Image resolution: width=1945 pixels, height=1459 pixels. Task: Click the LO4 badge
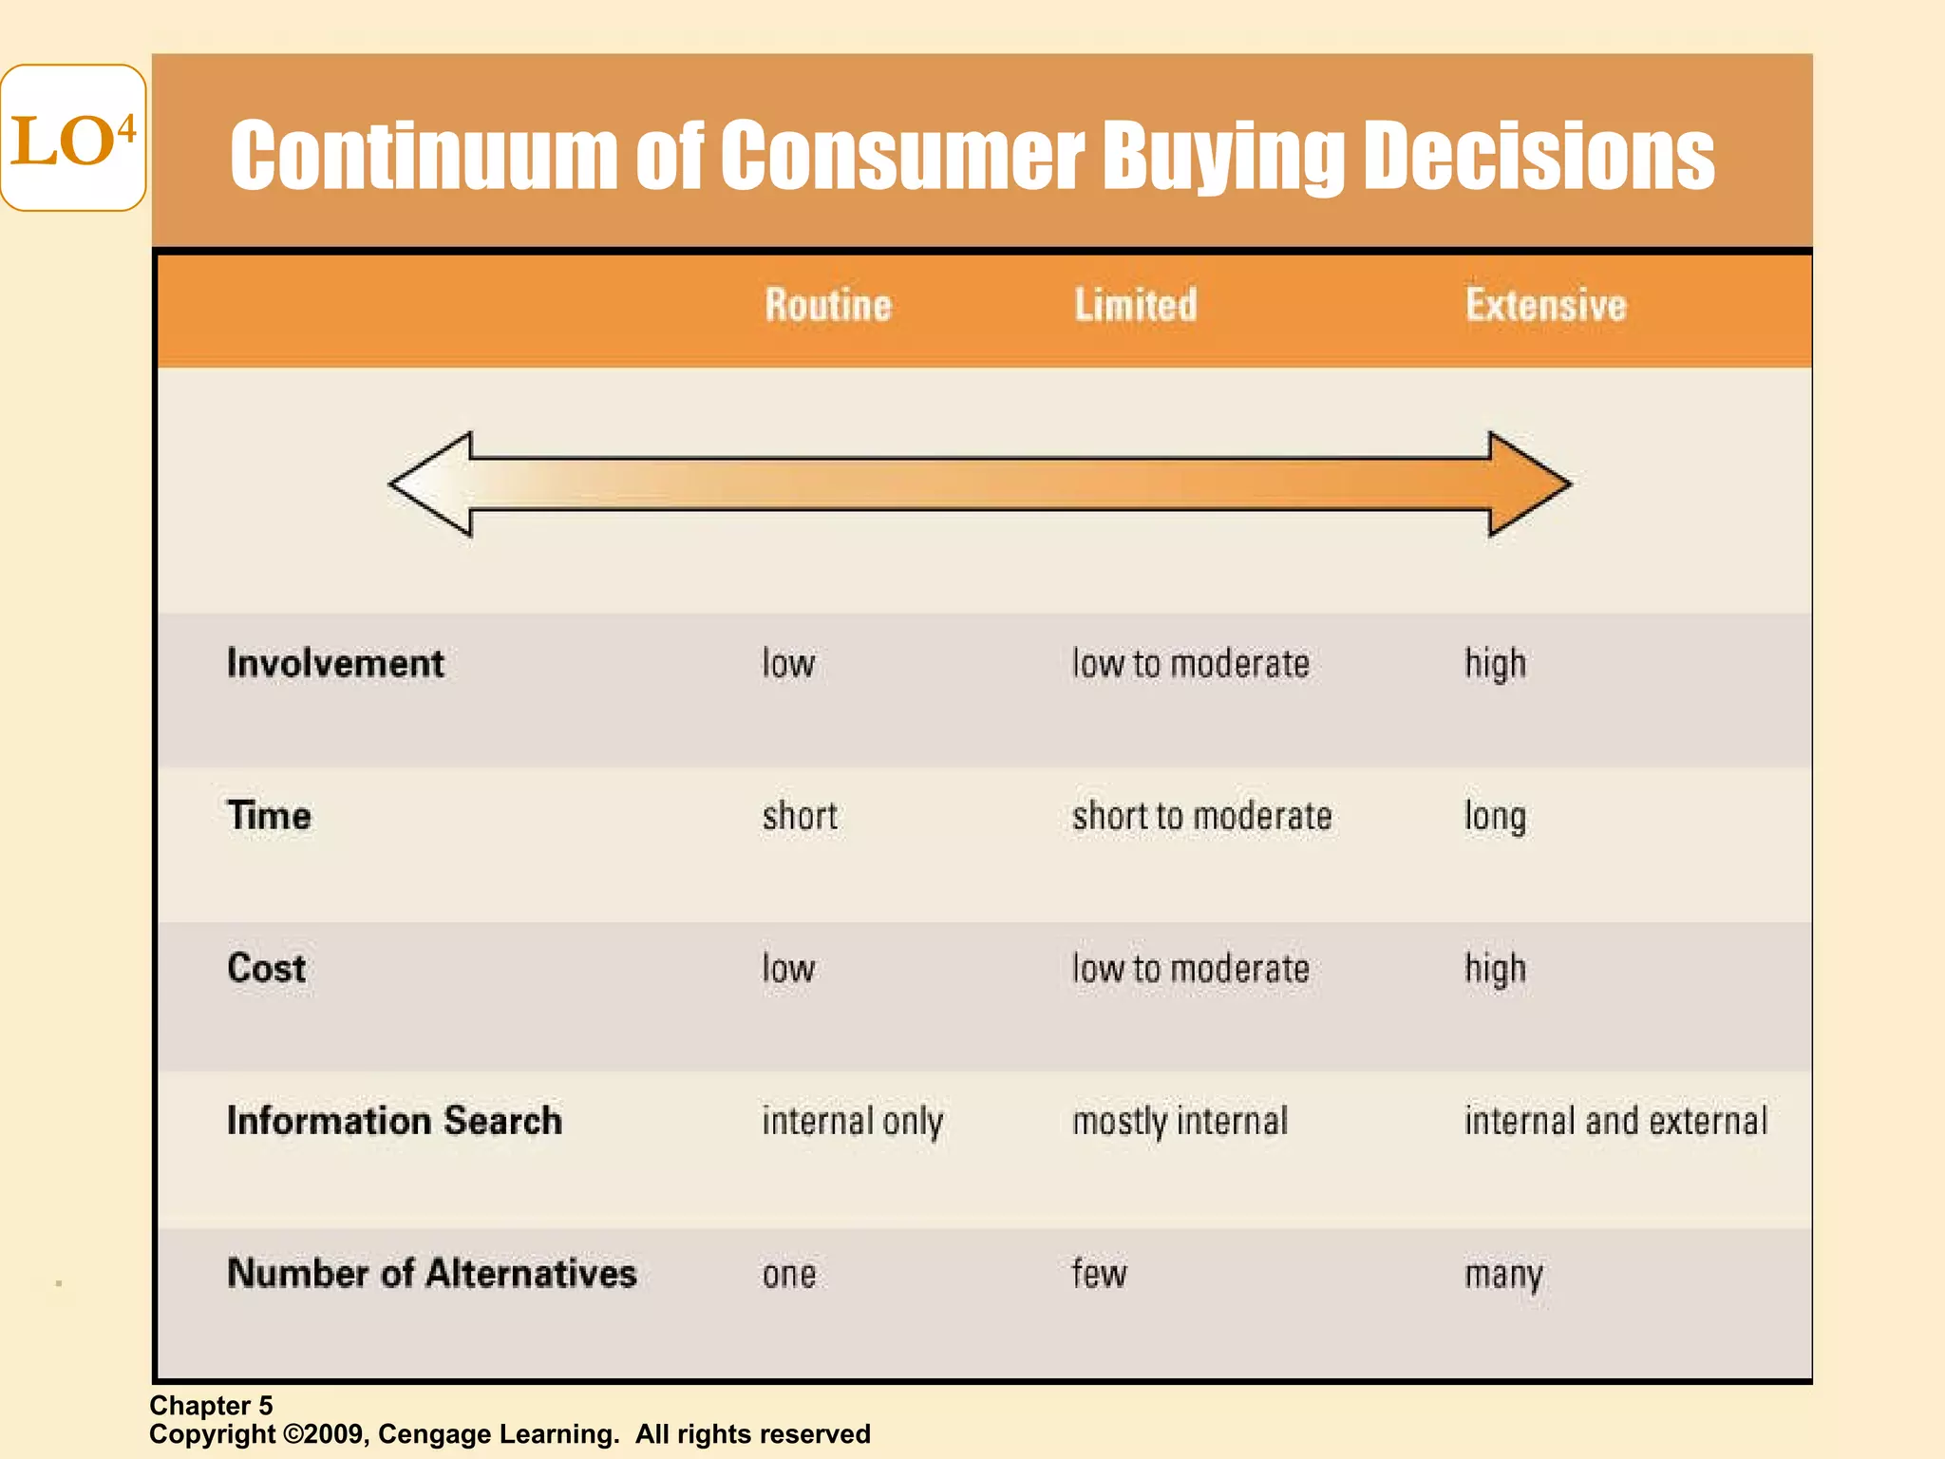pos(73,139)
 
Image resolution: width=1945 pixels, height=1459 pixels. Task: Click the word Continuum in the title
pos(424,156)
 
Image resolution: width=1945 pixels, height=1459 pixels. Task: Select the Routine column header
pos(828,305)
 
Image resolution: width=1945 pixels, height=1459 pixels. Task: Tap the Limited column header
pos(1136,305)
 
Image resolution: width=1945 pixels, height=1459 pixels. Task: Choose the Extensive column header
pos(1545,305)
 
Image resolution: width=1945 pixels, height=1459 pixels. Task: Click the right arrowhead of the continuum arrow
pos(1528,484)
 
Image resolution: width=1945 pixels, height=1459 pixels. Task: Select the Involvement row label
pos(335,663)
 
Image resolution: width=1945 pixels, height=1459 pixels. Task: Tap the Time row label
pos(269,816)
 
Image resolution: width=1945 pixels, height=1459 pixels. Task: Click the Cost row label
pos(266,968)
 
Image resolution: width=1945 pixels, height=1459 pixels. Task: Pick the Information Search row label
pos(394,1121)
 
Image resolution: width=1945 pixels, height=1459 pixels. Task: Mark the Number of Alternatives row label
pos(431,1273)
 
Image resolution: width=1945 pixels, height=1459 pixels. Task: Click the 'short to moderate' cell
pos(1201,816)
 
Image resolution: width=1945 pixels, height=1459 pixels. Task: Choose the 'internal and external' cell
pos(1615,1121)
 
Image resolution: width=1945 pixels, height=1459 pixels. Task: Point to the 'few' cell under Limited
pos(1099,1273)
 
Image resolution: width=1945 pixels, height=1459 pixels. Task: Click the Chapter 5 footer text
pos(211,1406)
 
